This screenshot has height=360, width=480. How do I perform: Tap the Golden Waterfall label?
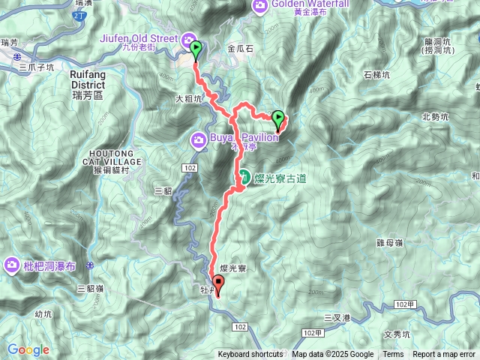pos(295,4)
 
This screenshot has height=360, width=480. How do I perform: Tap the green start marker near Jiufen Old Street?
pos(196,50)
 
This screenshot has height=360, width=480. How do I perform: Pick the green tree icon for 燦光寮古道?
pos(244,177)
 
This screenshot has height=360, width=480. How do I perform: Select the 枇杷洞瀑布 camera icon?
pos(12,264)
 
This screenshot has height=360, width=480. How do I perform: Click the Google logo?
pos(28,349)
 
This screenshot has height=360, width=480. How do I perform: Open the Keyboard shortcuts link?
pos(250,355)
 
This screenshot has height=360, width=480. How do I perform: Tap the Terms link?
pos(393,355)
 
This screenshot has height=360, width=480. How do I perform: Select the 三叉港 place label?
pos(337,318)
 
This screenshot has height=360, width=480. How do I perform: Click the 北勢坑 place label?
pos(435,116)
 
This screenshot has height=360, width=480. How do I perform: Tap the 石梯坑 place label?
pos(377,75)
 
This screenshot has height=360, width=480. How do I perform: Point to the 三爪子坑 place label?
pos(37,67)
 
